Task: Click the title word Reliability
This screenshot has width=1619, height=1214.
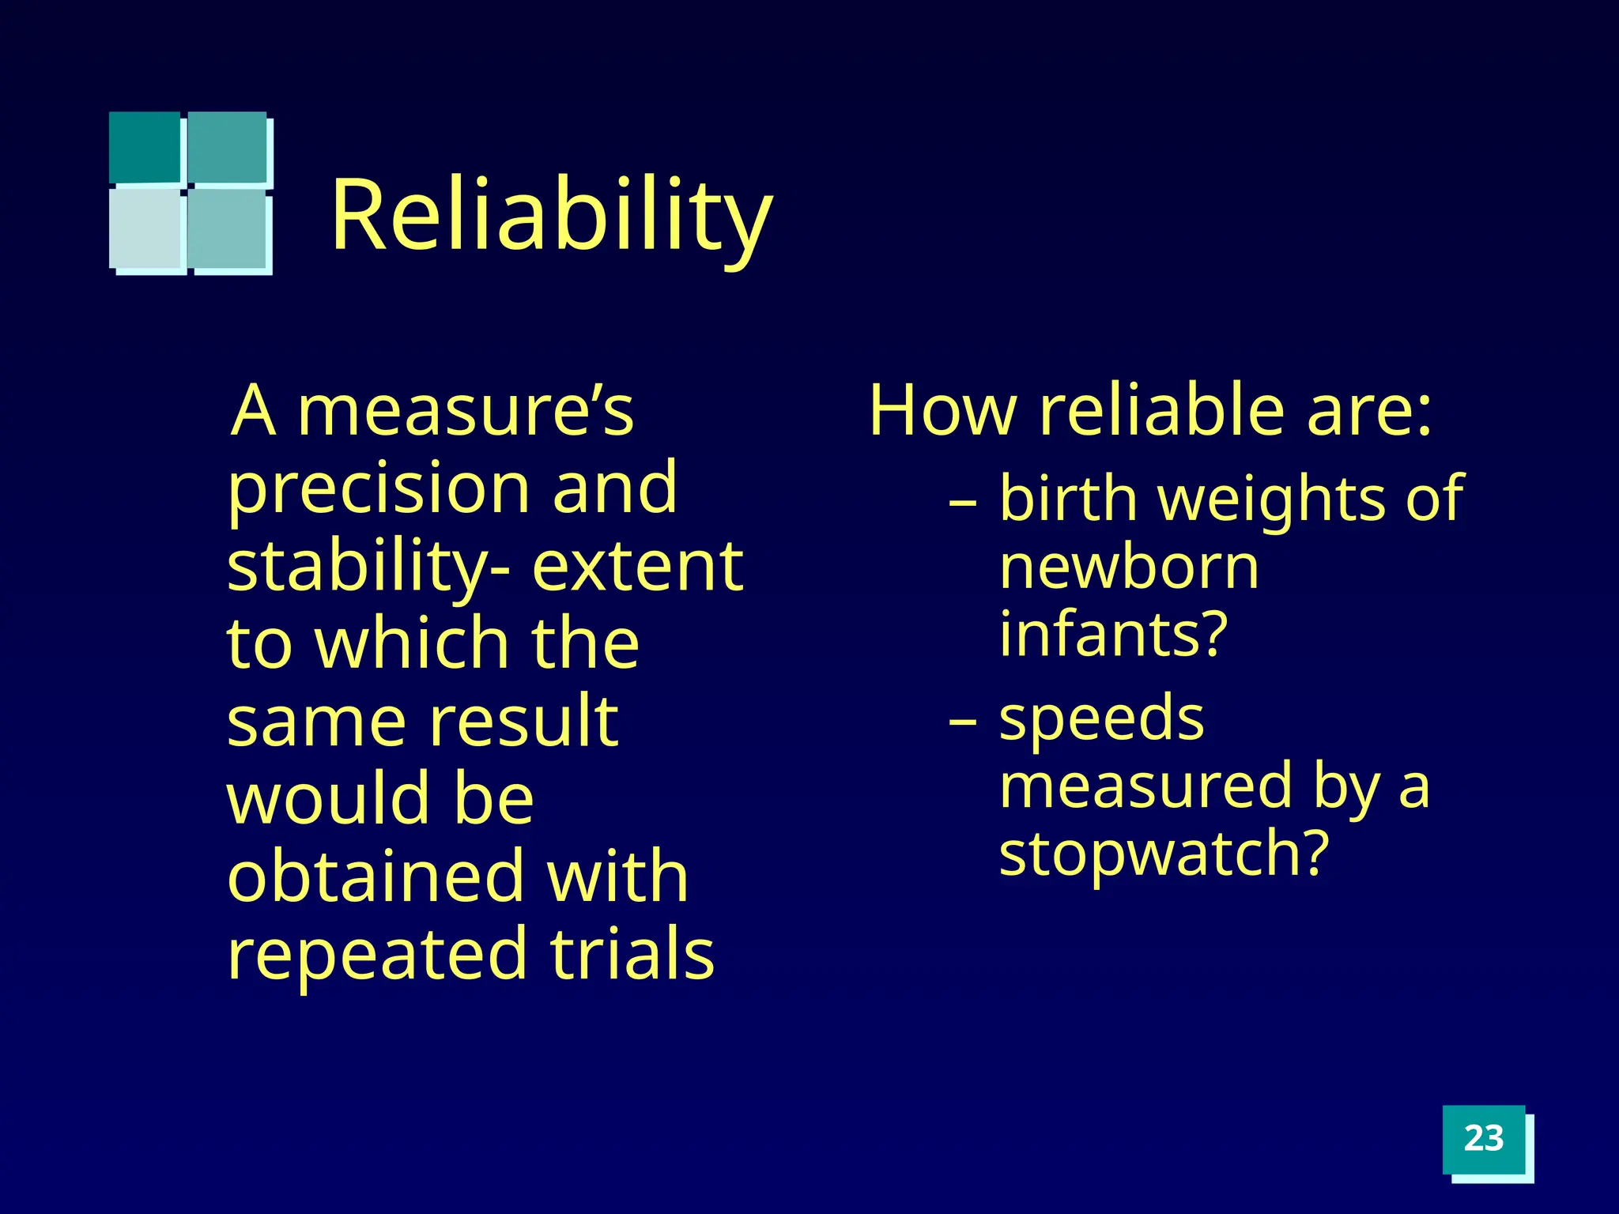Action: [551, 215]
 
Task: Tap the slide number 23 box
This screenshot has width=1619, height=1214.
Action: [1483, 1139]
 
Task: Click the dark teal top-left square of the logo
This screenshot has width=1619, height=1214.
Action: [145, 147]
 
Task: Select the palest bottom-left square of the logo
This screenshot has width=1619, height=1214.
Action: [146, 228]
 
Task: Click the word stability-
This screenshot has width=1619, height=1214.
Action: [368, 567]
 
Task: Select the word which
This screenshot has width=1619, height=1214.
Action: [411, 643]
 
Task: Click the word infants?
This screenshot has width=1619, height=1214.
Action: [1113, 634]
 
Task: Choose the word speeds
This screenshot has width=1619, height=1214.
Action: [1101, 719]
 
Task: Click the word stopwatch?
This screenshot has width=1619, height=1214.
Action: [1164, 854]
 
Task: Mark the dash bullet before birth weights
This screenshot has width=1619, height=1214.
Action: [963, 502]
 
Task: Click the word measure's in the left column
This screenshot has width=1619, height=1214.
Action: [466, 411]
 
